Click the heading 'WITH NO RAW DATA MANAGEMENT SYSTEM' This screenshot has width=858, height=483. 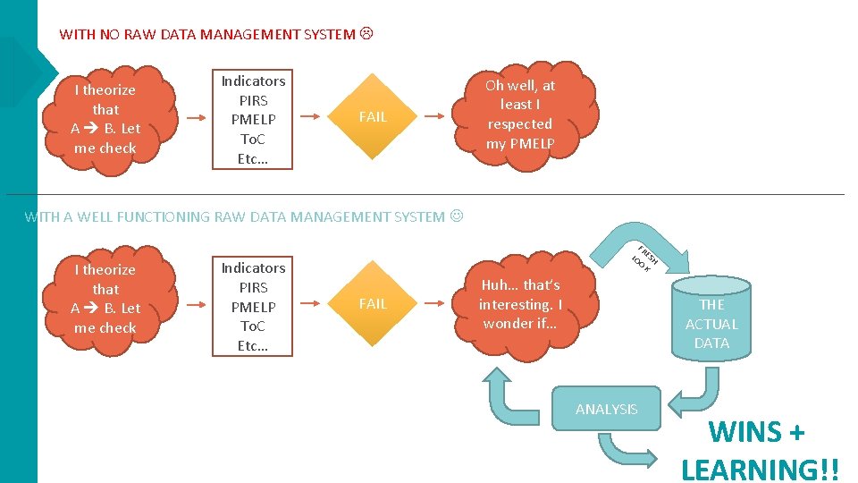coord(207,35)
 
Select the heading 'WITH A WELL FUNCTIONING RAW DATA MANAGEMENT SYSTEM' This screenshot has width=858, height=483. coord(234,216)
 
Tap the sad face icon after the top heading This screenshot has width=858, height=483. coord(366,35)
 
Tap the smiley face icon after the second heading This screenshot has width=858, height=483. coord(458,216)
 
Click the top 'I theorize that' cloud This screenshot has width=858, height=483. coord(105,119)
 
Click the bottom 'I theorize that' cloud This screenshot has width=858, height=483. coord(105,299)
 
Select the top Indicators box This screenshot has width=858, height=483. coord(253,120)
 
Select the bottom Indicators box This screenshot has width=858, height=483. coord(253,307)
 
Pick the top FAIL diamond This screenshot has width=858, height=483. coord(372,116)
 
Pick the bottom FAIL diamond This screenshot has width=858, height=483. coord(372,304)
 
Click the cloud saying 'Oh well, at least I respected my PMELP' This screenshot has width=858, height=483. coord(520,114)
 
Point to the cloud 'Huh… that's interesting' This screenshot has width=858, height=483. coord(520,304)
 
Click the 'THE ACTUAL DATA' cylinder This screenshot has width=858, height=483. coord(711,323)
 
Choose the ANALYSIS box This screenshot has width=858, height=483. coord(607,409)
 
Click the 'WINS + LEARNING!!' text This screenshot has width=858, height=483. coord(756,450)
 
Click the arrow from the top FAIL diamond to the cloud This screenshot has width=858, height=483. coord(433,116)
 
